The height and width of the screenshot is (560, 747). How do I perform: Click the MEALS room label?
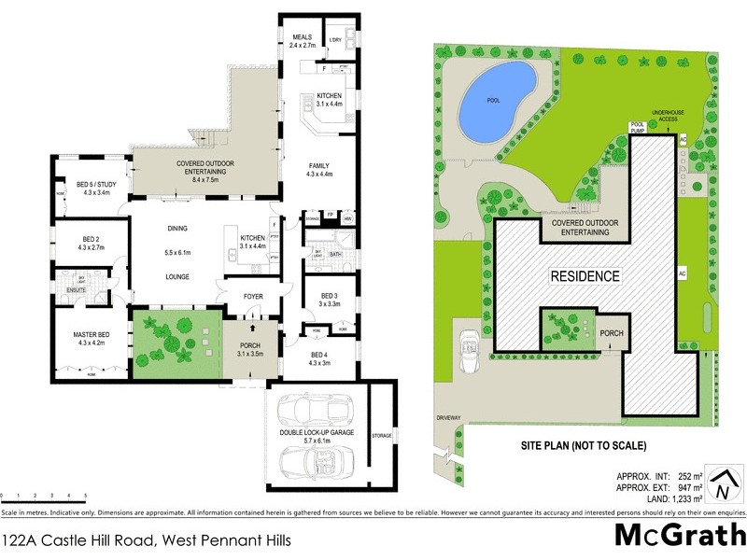point(305,36)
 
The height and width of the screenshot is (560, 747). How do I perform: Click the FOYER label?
point(254,299)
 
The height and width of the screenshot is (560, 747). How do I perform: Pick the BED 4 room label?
point(320,355)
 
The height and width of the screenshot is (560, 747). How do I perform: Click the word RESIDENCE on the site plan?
point(584,276)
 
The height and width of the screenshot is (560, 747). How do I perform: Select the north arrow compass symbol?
point(720,485)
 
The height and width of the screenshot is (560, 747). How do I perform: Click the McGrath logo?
point(679,536)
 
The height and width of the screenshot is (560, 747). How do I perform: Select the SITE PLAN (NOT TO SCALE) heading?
point(583,444)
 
